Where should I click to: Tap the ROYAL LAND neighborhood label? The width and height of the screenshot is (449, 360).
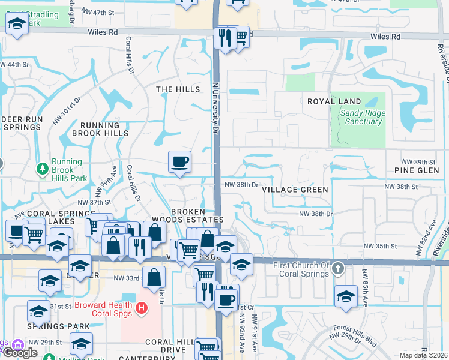[x=334, y=101]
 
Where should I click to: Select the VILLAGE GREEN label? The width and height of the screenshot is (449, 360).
[x=295, y=190]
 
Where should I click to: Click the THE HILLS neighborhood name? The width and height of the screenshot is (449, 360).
[x=178, y=89]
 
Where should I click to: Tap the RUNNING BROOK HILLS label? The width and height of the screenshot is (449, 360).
[x=100, y=130]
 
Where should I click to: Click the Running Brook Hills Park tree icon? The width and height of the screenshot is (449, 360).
[x=42, y=170]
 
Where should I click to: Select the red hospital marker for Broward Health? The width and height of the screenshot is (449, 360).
[x=141, y=308]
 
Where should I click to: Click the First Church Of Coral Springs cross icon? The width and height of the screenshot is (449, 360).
[x=338, y=268]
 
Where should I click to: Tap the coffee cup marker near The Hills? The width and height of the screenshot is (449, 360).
[x=179, y=161]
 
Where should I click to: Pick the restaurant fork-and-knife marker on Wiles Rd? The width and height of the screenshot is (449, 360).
[x=225, y=38]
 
